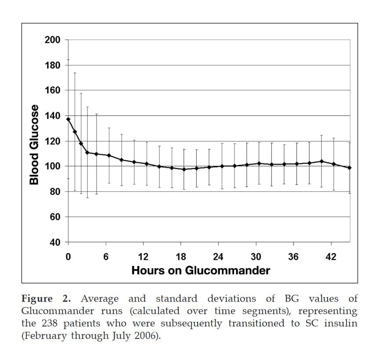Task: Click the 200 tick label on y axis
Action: (52, 40)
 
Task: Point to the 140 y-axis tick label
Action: (52, 116)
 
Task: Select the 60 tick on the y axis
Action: (54, 217)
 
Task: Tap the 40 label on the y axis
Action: (54, 242)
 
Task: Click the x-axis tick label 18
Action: (180, 257)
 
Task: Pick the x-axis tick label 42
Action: (331, 257)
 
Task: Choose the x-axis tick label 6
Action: (106, 257)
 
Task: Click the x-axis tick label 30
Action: (256, 257)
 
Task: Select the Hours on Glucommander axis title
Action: (201, 270)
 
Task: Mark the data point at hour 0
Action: (68, 119)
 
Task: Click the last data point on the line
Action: (350, 168)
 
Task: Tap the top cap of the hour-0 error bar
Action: (68, 59)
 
